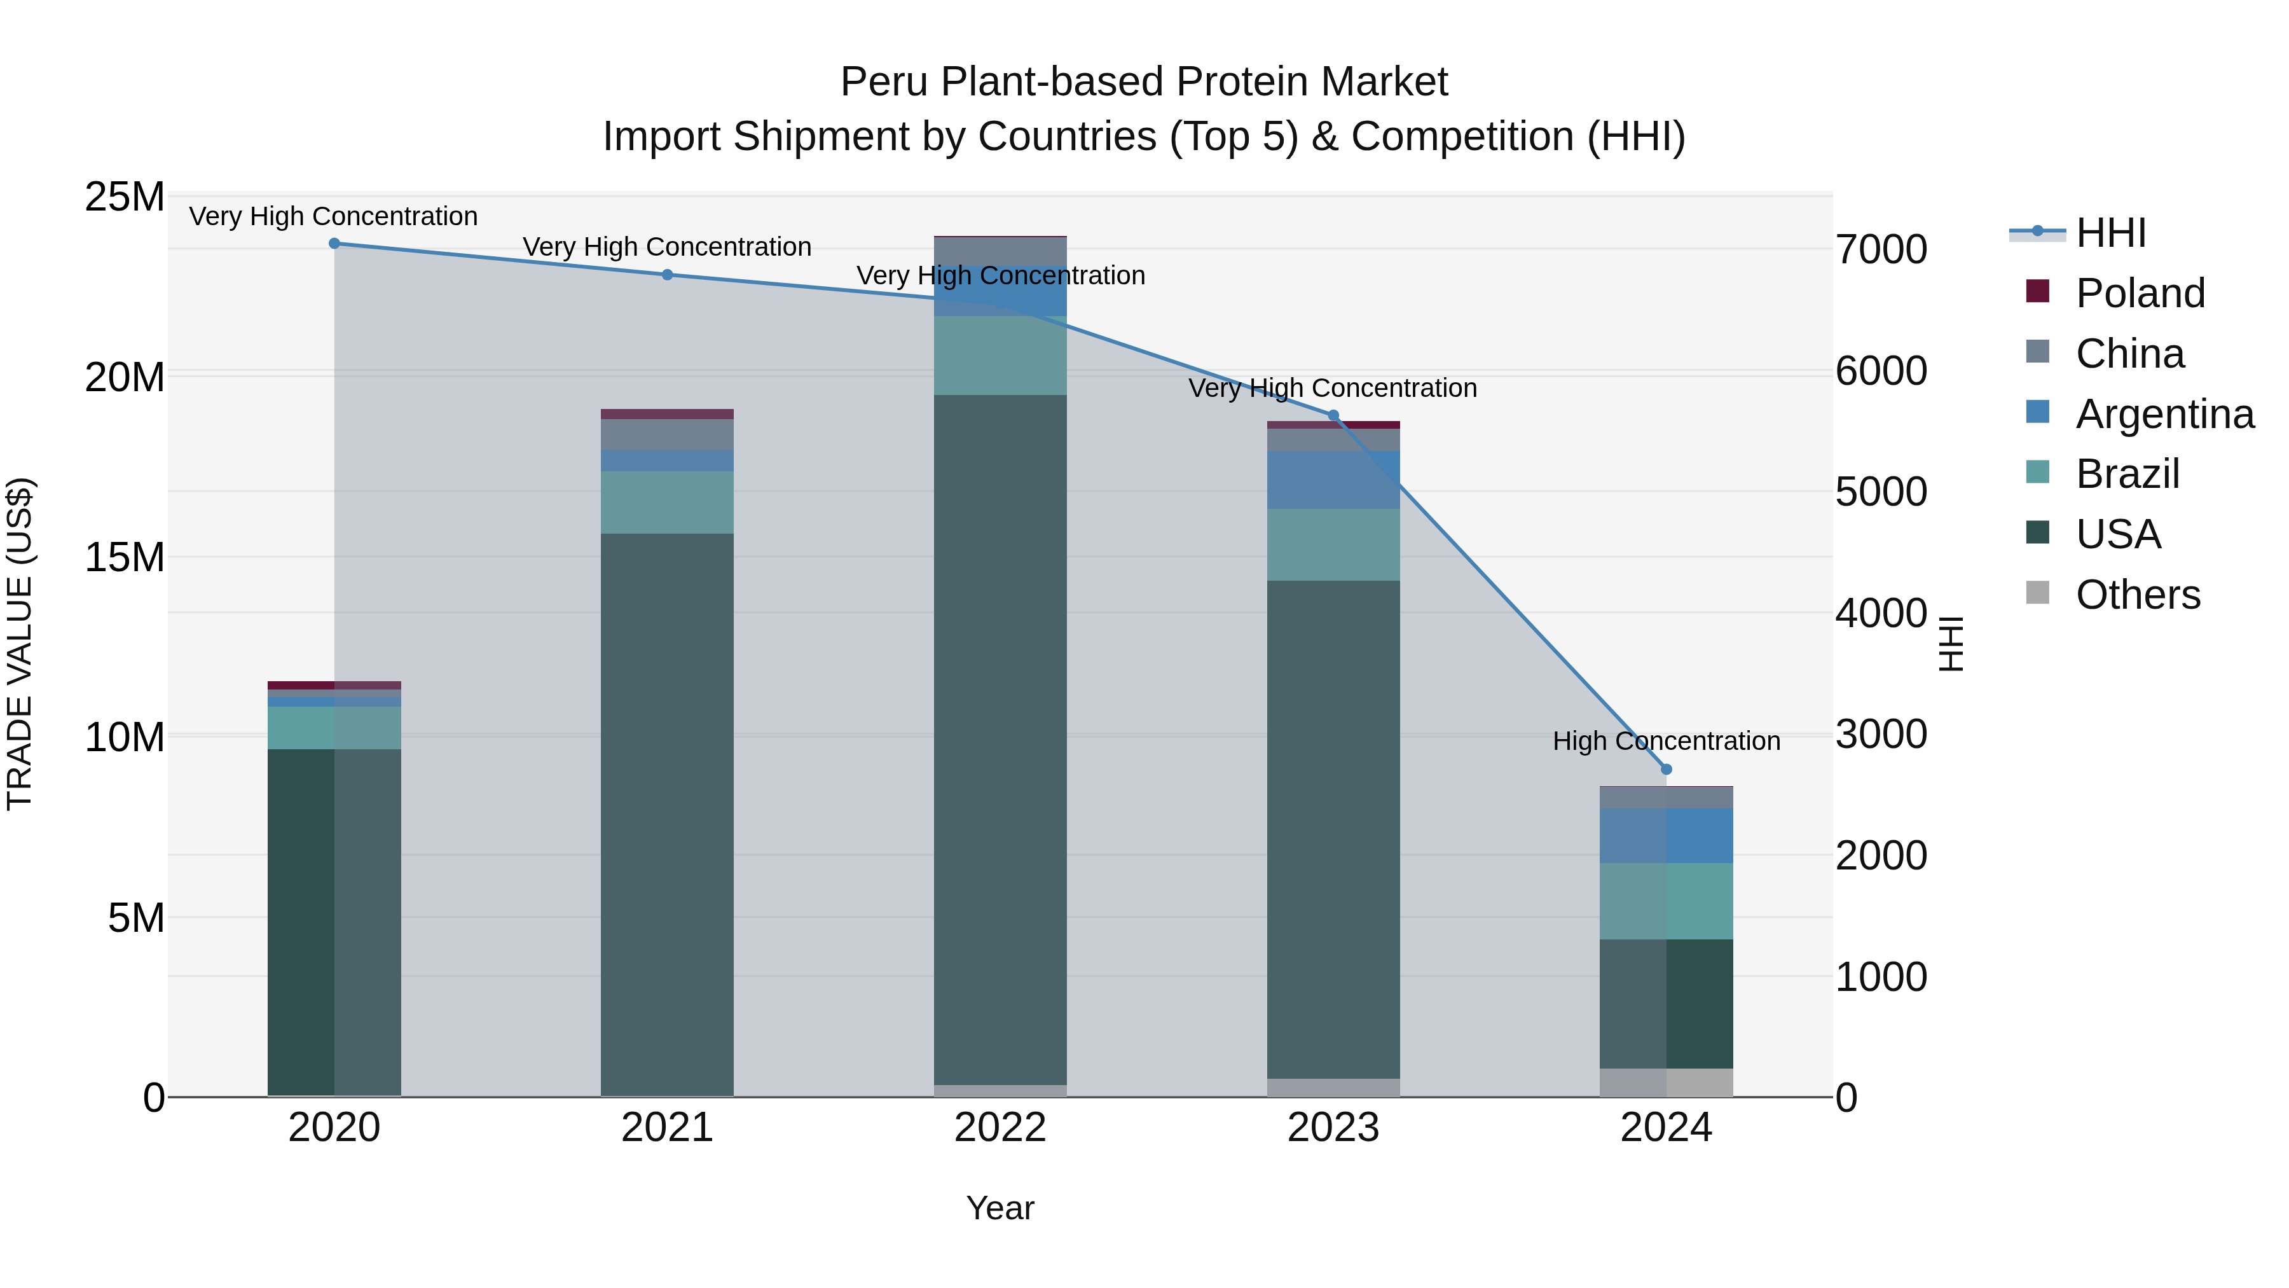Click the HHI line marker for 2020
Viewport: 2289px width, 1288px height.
point(334,244)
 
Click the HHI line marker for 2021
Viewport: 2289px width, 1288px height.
point(668,275)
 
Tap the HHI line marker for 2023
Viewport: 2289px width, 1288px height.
point(1333,415)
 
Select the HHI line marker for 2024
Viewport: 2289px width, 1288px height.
point(1666,770)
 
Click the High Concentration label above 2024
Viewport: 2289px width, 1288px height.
point(1666,742)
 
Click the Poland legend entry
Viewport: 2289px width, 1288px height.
point(2140,293)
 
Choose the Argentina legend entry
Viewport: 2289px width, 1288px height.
point(2164,414)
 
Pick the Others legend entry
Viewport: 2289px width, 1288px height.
point(2137,595)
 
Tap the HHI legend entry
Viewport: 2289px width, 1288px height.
point(2110,233)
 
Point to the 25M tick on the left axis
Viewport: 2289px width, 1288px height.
point(125,197)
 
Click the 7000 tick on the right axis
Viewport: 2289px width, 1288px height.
point(1881,250)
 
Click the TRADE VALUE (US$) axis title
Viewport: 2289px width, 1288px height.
point(20,644)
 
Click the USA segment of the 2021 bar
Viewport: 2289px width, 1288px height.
point(668,814)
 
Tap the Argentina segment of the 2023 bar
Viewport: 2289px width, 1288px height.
point(1333,480)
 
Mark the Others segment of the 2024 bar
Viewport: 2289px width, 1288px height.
point(1666,1083)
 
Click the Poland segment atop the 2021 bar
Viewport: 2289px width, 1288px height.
point(668,414)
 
